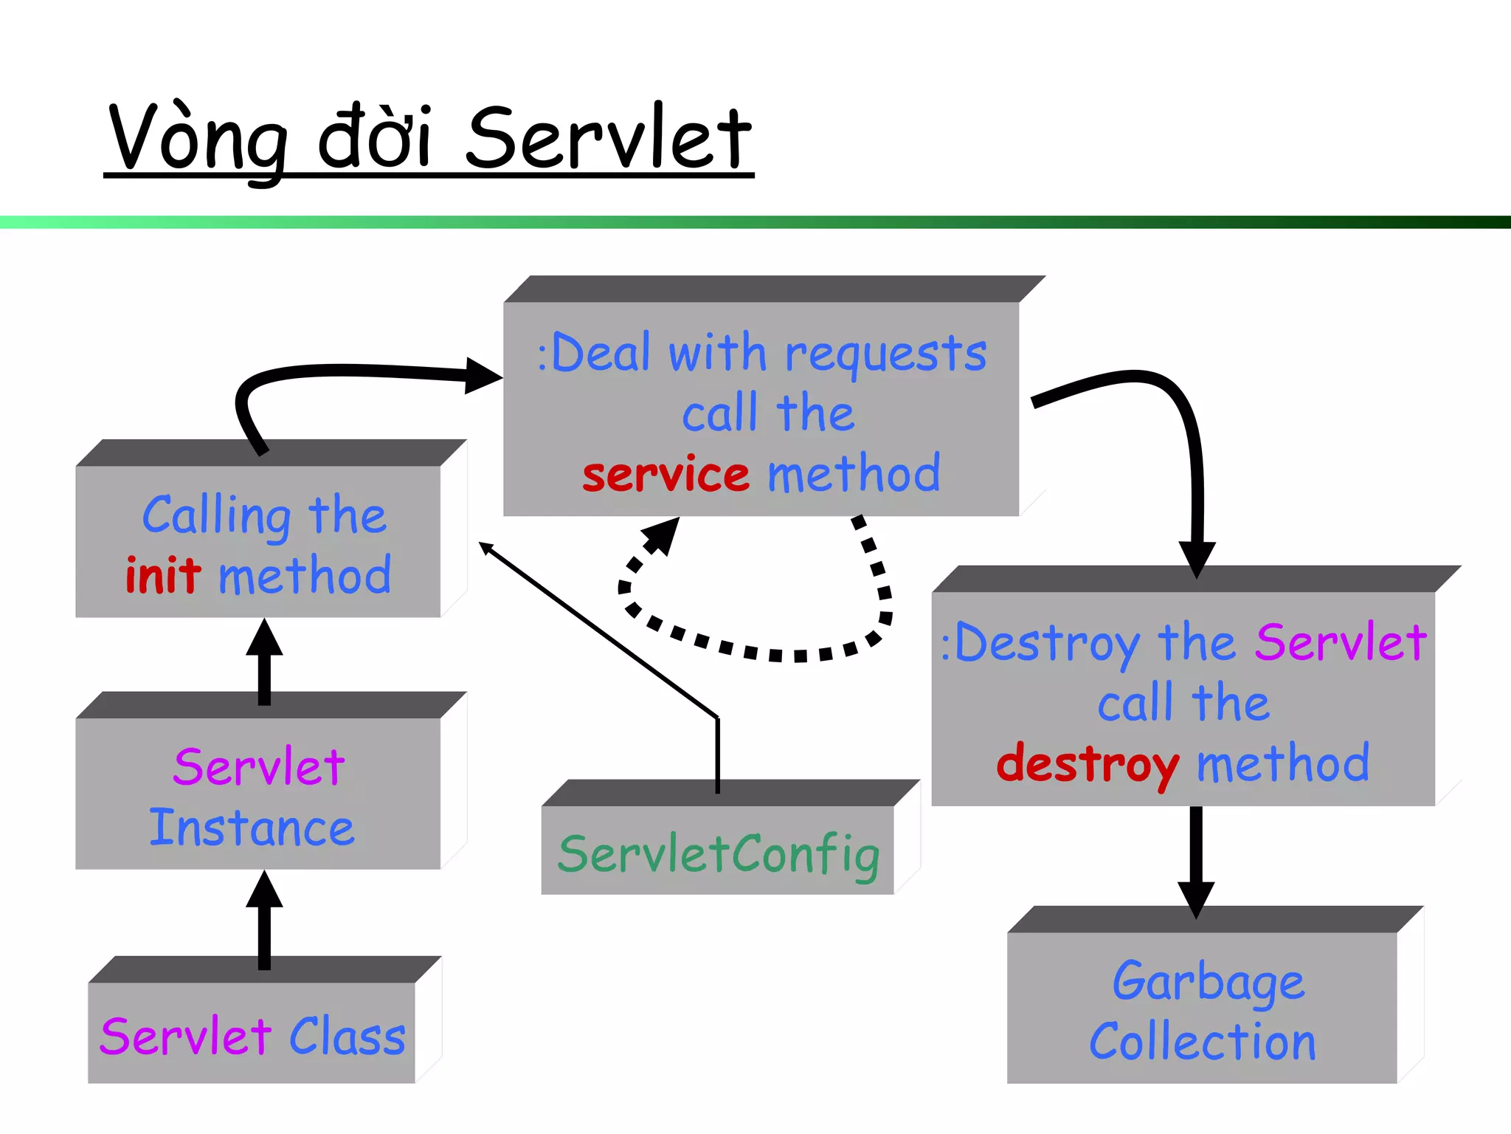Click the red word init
coord(163,575)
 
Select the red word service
coord(665,473)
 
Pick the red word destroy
coord(1087,764)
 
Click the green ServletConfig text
coord(719,854)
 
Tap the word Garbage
coord(1208,983)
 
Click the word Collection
coord(1203,1042)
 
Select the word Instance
coord(252,828)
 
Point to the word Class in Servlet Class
coord(347,1036)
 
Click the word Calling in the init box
coord(216,515)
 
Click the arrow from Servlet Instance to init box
coord(264,661)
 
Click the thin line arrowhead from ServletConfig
coord(487,548)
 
